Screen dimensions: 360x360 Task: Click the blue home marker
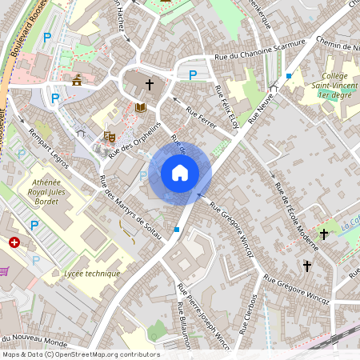point(180,173)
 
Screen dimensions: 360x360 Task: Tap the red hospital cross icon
point(14,242)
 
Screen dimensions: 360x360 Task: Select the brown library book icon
point(141,107)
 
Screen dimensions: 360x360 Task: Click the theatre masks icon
point(109,138)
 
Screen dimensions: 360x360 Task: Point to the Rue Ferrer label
point(201,118)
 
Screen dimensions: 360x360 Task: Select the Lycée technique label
point(92,274)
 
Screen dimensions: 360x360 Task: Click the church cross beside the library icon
point(150,84)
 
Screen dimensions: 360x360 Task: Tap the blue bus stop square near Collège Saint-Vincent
point(289,75)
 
